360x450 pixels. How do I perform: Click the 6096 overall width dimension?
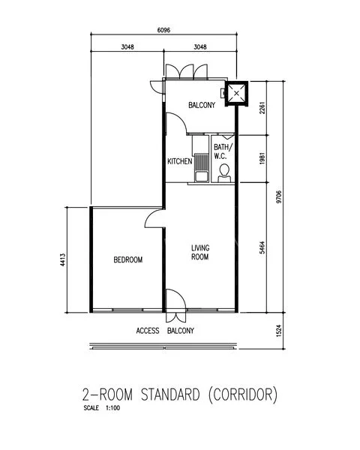[163, 31]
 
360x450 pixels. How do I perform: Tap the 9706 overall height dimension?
[279, 197]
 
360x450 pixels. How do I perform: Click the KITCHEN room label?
[180, 161]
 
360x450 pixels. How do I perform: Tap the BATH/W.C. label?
[223, 151]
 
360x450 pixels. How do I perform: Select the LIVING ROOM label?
[199, 252]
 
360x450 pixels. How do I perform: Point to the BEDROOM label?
[127, 259]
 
